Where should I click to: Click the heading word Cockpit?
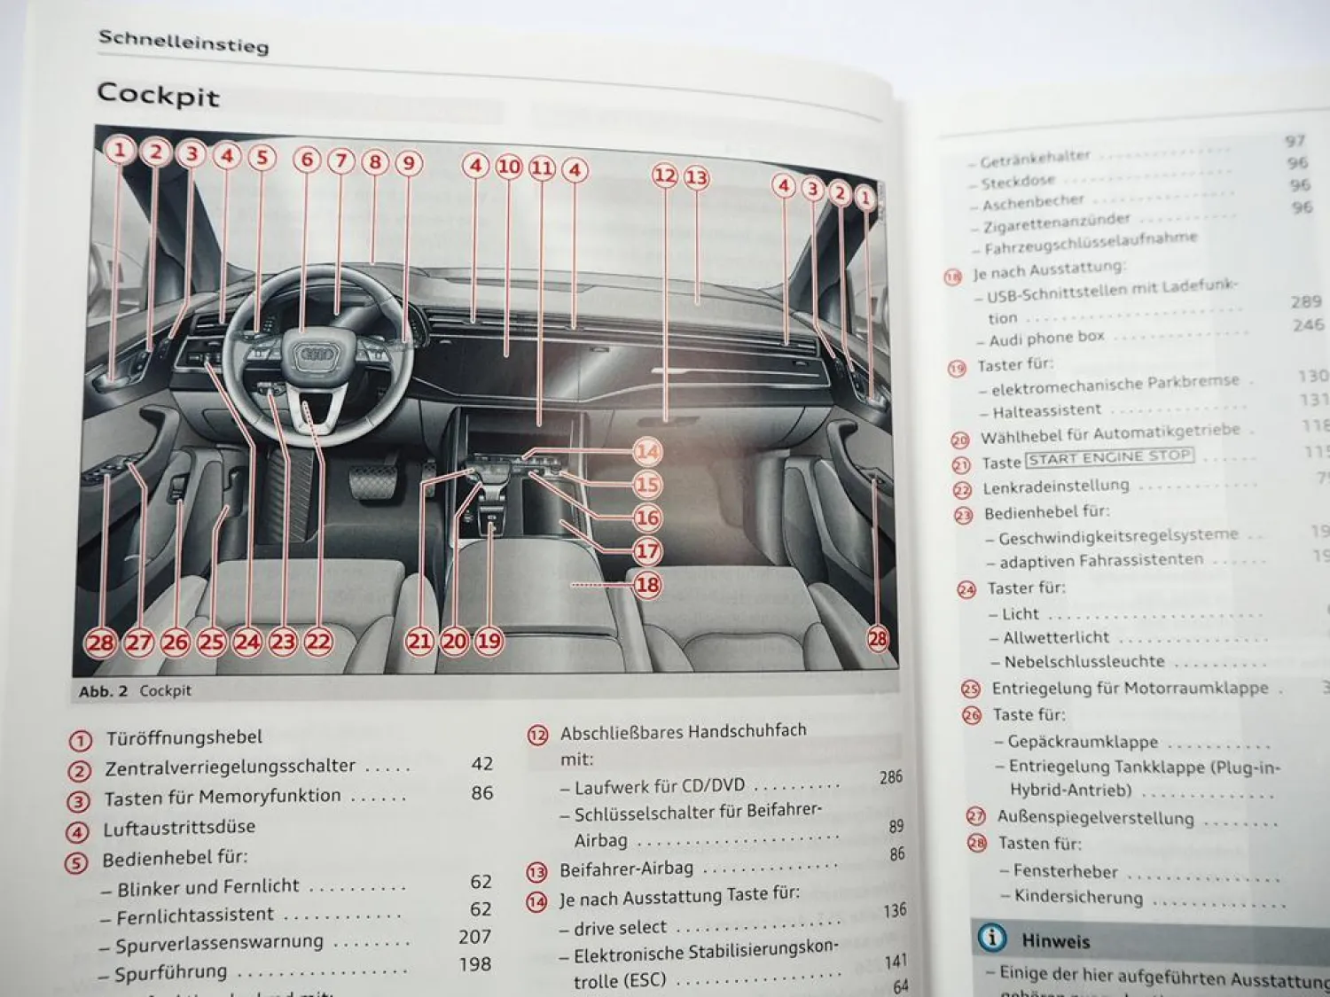pyautogui.click(x=158, y=94)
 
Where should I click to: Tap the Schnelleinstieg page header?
pyautogui.click(x=183, y=41)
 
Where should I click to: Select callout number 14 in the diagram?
pyautogui.click(x=647, y=452)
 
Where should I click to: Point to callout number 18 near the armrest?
pyautogui.click(x=647, y=585)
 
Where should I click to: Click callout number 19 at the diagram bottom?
pyautogui.click(x=489, y=641)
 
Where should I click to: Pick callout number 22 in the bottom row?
pyautogui.click(x=317, y=642)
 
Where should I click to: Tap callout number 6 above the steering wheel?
pyautogui.click(x=307, y=160)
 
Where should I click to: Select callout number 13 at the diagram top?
pyautogui.click(x=697, y=178)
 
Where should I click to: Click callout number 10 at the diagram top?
pyautogui.click(x=508, y=167)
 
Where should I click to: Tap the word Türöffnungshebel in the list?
pyautogui.click(x=184, y=737)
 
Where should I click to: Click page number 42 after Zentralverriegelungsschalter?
pyautogui.click(x=482, y=764)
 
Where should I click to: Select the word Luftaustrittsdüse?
pyautogui.click(x=179, y=828)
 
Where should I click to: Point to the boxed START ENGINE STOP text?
pyautogui.click(x=1109, y=457)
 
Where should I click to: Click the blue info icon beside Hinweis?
pyautogui.click(x=992, y=938)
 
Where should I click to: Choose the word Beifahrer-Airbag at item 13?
pyautogui.click(x=626, y=869)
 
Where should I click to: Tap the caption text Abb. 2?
pyautogui.click(x=103, y=691)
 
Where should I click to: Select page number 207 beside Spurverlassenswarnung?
pyautogui.click(x=474, y=937)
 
